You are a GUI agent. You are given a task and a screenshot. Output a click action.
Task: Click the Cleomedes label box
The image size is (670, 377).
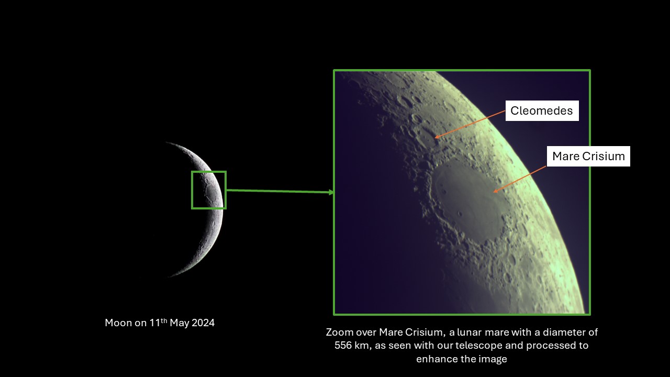coord(542,110)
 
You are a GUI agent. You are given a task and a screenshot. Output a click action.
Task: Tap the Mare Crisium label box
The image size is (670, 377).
coord(588,156)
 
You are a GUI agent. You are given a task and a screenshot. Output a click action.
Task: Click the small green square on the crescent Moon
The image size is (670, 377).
coord(192,190)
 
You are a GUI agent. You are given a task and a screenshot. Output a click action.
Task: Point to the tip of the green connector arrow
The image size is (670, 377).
coord(333,192)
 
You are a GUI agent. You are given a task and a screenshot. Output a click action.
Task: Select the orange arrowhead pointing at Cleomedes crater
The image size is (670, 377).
coord(436,137)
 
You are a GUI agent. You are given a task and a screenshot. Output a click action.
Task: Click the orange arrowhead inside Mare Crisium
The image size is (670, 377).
coord(495,191)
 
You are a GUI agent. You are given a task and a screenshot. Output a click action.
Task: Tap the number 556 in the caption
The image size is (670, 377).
coord(343,345)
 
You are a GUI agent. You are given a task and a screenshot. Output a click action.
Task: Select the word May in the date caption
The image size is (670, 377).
coord(180,323)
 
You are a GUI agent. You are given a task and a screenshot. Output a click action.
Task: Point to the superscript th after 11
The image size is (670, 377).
coord(164,320)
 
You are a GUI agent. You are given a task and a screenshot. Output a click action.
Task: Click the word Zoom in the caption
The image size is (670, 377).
coord(336,332)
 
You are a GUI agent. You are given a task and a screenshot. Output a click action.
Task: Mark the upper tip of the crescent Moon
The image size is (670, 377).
coord(166,143)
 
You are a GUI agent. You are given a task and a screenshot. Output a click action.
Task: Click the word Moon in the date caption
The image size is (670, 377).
coord(118,323)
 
